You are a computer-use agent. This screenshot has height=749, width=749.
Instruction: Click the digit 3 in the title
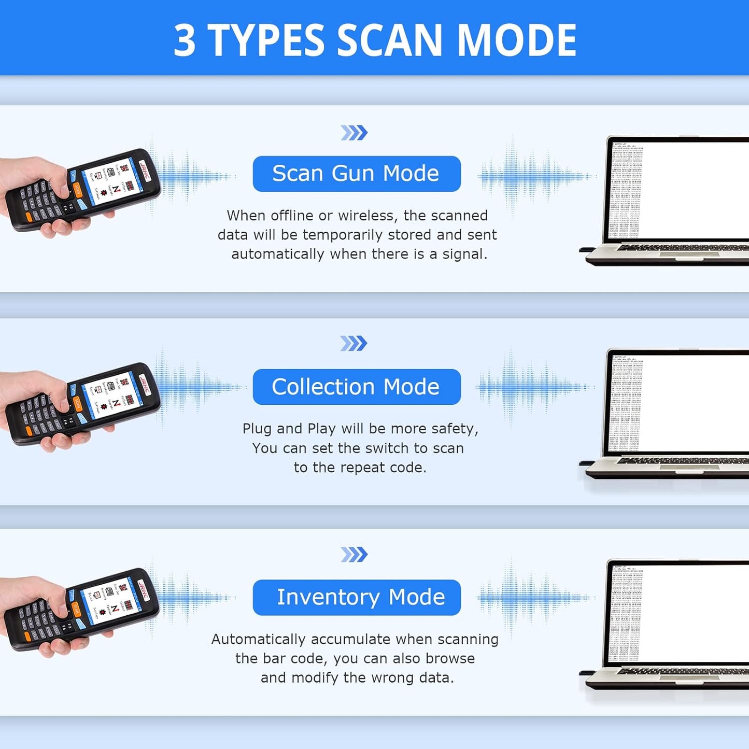(x=185, y=40)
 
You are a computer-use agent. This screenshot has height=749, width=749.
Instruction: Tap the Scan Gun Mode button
(x=357, y=174)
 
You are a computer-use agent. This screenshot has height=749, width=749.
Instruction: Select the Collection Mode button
(x=357, y=387)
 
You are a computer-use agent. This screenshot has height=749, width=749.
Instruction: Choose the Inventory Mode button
(x=357, y=597)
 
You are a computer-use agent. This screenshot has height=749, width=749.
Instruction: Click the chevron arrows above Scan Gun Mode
(x=354, y=133)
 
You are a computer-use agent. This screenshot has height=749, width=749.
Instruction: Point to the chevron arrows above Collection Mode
(x=354, y=343)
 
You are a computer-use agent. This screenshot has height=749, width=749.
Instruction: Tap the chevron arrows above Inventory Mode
(x=354, y=555)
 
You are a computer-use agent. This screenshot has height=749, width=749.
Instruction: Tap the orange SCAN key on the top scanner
(x=78, y=189)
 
